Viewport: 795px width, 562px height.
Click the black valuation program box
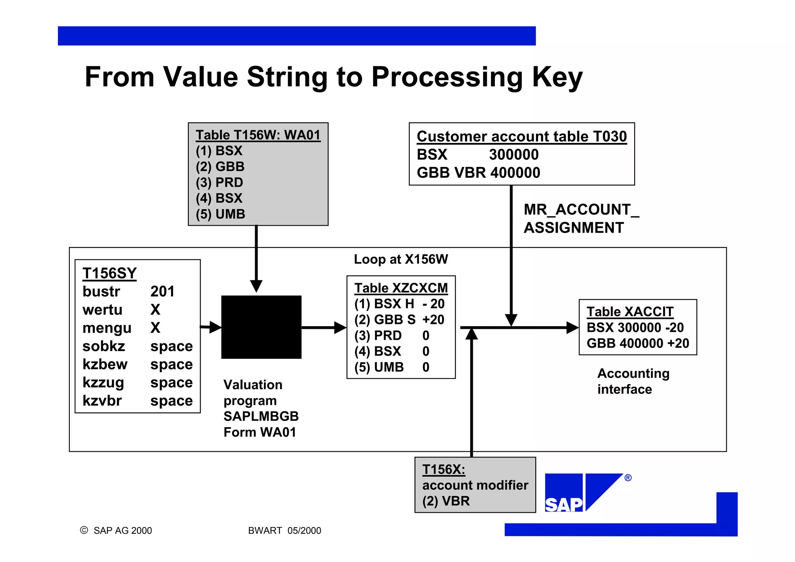point(261,327)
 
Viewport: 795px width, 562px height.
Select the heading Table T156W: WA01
point(258,135)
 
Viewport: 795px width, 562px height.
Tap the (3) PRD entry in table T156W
point(219,183)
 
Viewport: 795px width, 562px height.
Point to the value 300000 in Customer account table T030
point(514,155)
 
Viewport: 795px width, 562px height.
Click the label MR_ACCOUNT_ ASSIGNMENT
point(581,218)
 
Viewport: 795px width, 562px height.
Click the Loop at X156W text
point(401,259)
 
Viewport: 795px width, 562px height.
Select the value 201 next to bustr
point(162,291)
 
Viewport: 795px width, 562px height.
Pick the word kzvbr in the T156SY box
point(102,400)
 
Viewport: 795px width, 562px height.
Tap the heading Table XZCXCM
point(401,288)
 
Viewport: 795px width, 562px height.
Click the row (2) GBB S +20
point(399,320)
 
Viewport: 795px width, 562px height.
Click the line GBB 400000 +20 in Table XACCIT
point(637,343)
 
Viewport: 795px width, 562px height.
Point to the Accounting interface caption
point(633,381)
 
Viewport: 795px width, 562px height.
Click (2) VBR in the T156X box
point(446,501)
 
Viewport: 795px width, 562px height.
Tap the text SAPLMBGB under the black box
point(261,416)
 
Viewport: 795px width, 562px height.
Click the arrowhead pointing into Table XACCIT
point(572,327)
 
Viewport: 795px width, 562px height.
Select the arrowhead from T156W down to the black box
point(256,286)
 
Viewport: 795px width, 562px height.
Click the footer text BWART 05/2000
point(284,531)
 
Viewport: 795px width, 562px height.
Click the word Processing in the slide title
point(447,77)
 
